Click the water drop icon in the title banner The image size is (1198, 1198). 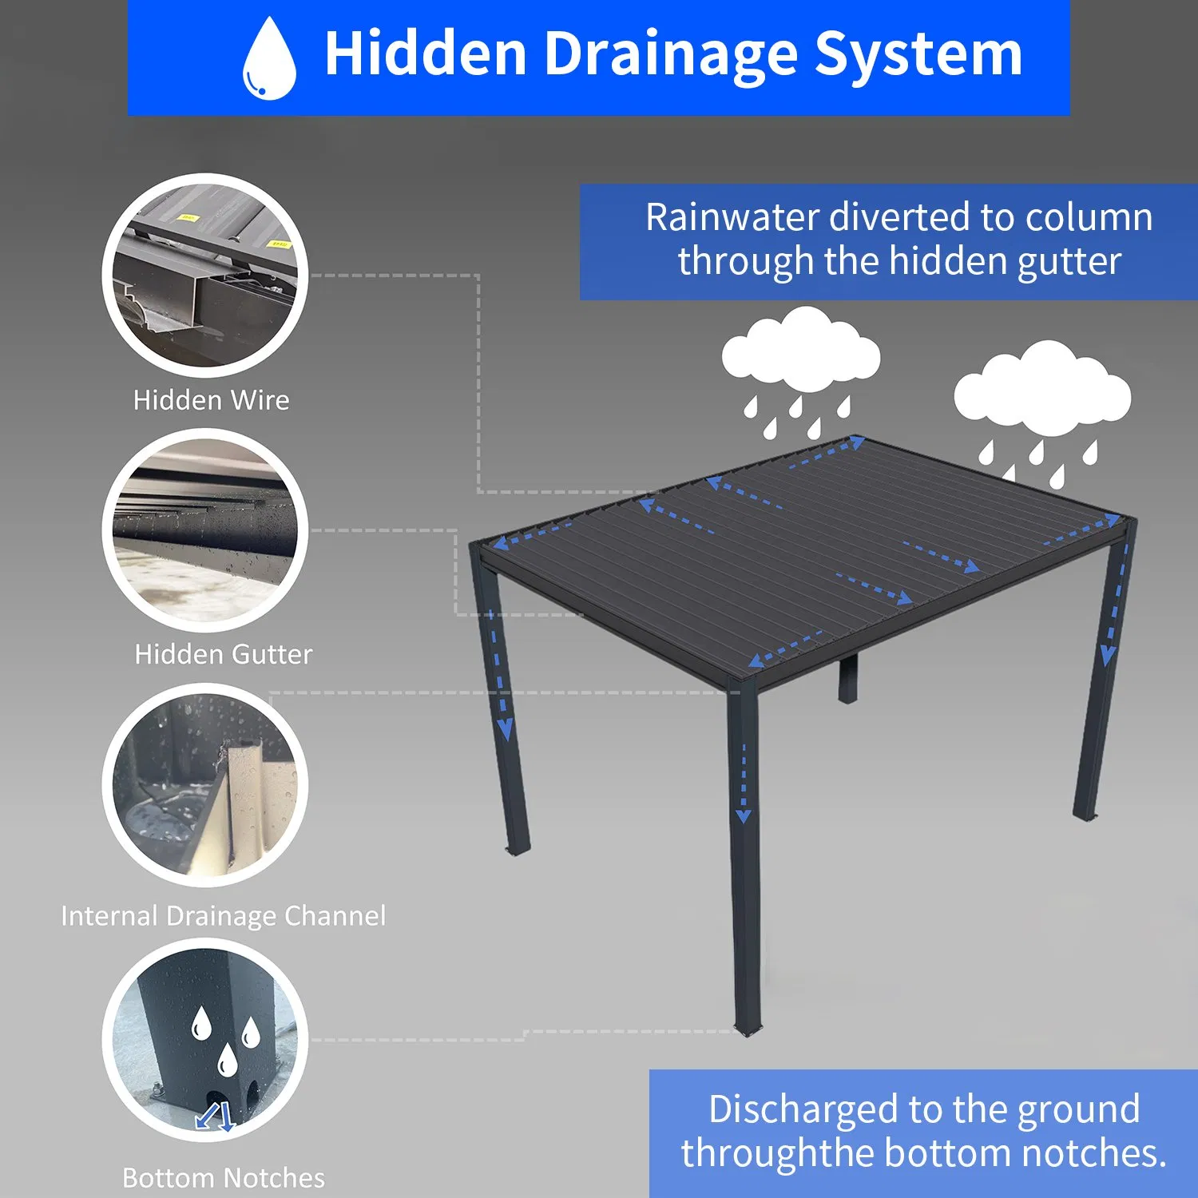tap(270, 59)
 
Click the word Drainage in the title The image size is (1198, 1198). tap(671, 54)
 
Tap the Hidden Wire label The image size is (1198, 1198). tap(211, 399)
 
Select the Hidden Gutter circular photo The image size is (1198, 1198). tap(205, 530)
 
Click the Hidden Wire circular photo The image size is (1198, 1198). tap(205, 275)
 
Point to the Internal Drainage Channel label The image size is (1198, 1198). tap(224, 915)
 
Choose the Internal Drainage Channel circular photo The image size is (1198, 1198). tap(205, 784)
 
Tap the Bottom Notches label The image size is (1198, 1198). tap(224, 1177)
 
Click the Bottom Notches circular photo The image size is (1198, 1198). tap(205, 1039)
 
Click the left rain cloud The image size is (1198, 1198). tap(801, 351)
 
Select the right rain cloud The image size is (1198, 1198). tap(1042, 385)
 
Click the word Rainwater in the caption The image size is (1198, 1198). tap(732, 217)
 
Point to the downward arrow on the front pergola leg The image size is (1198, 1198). tap(744, 783)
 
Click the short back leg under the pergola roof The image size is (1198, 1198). tap(847, 679)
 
